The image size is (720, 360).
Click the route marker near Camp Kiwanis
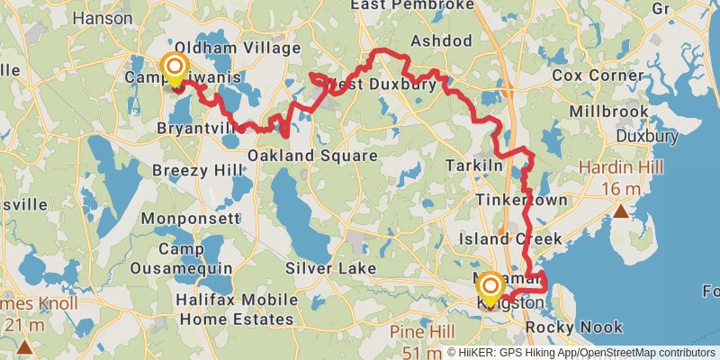point(174,67)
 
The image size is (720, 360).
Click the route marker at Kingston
point(490,287)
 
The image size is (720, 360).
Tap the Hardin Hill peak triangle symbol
point(622,211)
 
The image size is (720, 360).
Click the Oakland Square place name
point(311,156)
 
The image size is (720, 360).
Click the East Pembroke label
point(412,5)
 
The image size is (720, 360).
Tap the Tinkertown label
point(521,199)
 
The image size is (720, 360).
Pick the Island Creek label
point(509,239)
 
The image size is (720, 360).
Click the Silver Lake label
point(330,268)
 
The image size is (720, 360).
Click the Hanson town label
point(102,17)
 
